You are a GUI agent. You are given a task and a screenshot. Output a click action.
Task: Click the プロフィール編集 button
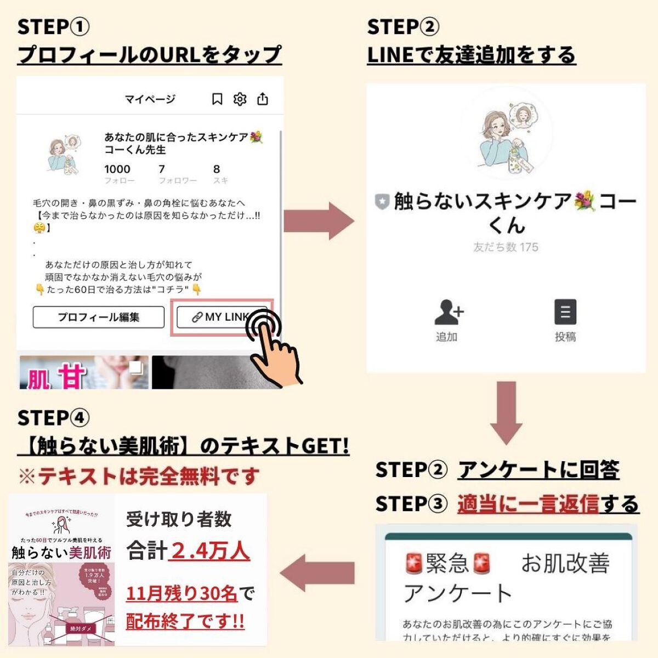point(99,317)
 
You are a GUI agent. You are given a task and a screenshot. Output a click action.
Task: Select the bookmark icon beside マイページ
point(217,99)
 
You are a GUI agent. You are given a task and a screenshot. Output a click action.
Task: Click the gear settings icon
point(240,99)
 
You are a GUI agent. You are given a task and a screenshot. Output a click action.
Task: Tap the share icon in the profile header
point(263,99)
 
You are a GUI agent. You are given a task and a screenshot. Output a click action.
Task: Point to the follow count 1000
point(117,169)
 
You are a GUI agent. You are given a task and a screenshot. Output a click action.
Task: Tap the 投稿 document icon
point(565,313)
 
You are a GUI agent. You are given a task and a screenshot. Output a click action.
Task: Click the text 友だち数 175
point(506,247)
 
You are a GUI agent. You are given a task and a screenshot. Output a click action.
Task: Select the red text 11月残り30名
point(181,593)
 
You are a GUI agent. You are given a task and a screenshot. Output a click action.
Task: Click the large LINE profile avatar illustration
point(506,134)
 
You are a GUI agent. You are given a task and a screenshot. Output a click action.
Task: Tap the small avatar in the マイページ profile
point(64,154)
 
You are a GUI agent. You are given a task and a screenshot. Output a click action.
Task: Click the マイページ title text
point(150,99)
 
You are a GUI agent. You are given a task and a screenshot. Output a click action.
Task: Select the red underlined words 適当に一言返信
point(527,504)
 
